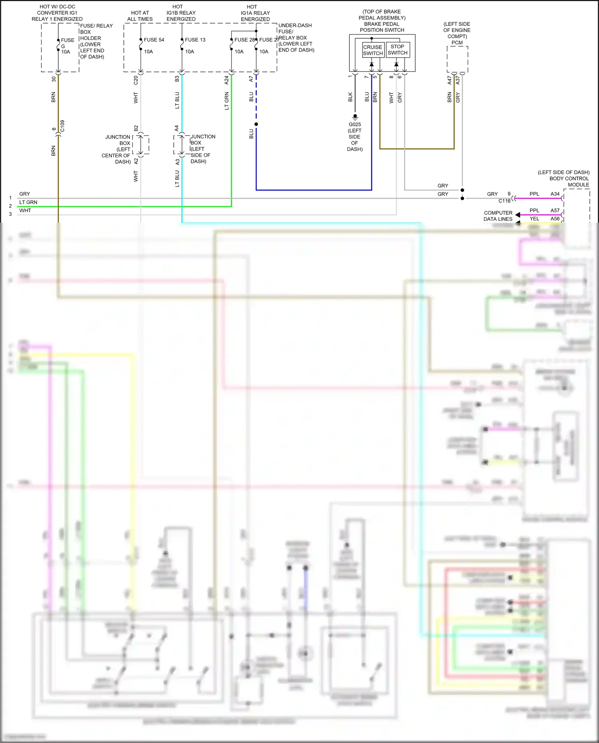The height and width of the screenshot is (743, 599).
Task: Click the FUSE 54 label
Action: coord(154,40)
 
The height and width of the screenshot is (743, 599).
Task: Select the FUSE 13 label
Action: coord(195,40)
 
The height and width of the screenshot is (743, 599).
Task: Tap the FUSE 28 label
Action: coord(244,40)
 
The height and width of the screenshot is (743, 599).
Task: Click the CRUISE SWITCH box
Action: coord(373,50)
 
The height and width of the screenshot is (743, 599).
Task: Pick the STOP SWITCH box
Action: coord(398,50)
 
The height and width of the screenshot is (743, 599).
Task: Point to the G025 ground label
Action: coord(355,125)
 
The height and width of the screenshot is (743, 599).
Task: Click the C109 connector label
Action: coord(62,126)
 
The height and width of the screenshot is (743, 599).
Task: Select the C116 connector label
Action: coord(504,201)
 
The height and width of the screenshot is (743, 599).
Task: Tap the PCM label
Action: coord(457,43)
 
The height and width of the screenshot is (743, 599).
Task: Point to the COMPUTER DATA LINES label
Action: coord(498,216)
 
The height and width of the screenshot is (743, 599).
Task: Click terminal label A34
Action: coord(555,194)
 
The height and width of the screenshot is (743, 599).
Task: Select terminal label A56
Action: coord(555,219)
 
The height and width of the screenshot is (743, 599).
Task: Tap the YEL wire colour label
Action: coord(534,219)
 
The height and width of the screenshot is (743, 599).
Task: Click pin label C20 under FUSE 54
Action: coord(136,80)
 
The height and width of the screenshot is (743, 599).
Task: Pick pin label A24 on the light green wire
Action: coord(226,80)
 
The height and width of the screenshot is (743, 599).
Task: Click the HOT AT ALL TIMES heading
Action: coord(140,16)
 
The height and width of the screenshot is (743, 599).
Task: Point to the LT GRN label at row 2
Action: coord(28,202)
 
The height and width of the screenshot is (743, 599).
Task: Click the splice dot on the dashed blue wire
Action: coord(256,124)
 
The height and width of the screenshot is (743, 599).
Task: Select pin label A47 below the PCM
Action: coord(449,80)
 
